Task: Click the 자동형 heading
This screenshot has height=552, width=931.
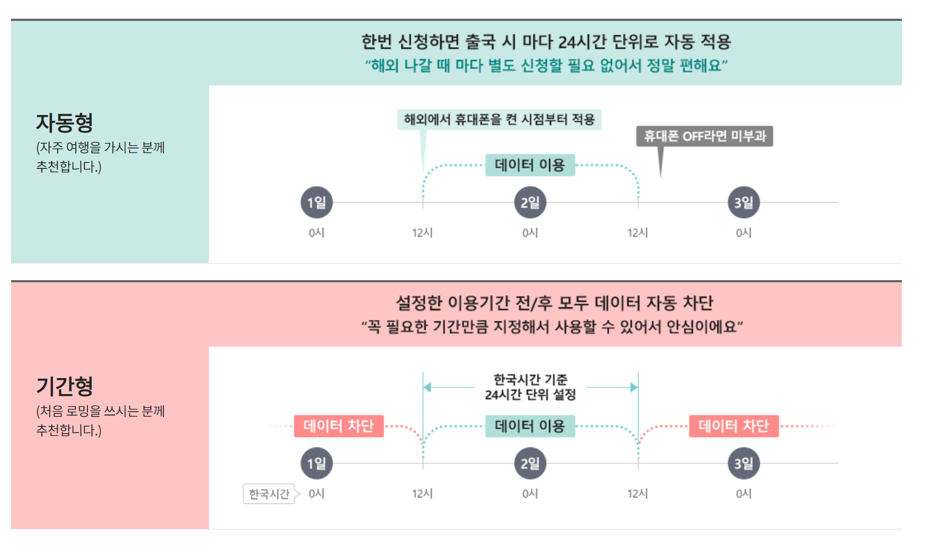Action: pyautogui.click(x=64, y=123)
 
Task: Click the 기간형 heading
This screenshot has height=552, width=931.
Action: pyautogui.click(x=64, y=386)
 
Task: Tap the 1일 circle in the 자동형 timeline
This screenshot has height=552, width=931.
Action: pyautogui.click(x=316, y=203)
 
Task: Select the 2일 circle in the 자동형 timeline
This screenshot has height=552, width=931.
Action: pyautogui.click(x=530, y=203)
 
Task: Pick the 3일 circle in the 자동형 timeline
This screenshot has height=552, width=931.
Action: pyautogui.click(x=743, y=203)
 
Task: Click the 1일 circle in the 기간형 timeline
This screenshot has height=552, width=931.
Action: pyautogui.click(x=316, y=463)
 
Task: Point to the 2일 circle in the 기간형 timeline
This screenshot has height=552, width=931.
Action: pyautogui.click(x=530, y=463)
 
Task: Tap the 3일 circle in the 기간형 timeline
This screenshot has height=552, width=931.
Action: pyautogui.click(x=743, y=463)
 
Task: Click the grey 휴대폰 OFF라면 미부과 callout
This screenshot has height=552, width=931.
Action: pyautogui.click(x=704, y=136)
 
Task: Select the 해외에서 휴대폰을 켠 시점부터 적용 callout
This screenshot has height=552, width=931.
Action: pyautogui.click(x=499, y=119)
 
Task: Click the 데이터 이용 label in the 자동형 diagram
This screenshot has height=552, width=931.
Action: pyautogui.click(x=530, y=165)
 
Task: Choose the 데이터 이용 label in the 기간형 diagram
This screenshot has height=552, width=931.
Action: pyautogui.click(x=530, y=426)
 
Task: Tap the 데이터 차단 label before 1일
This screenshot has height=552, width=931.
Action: pyautogui.click(x=338, y=426)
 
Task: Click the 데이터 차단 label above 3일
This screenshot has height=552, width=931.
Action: pyautogui.click(x=734, y=426)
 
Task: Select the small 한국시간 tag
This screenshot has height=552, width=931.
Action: pyautogui.click(x=269, y=494)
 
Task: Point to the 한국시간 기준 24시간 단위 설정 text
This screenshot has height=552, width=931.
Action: pyautogui.click(x=530, y=387)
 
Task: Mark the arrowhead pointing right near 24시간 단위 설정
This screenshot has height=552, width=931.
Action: pyautogui.click(x=633, y=387)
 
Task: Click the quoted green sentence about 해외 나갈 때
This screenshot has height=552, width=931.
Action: pyautogui.click(x=546, y=65)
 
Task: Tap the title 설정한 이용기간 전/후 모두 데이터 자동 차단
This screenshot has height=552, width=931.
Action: pyautogui.click(x=554, y=303)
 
